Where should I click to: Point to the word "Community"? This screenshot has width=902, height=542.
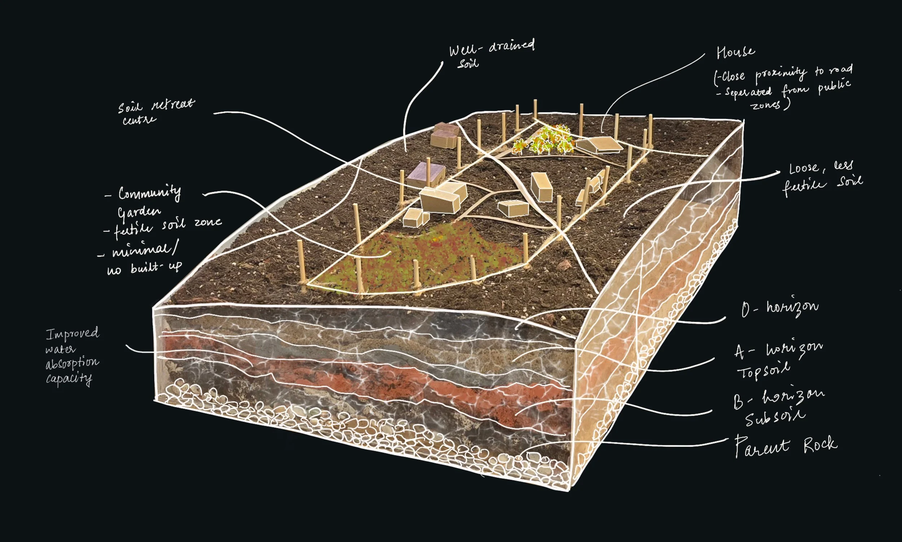(x=149, y=193)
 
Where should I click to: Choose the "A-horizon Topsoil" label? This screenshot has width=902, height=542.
(x=778, y=360)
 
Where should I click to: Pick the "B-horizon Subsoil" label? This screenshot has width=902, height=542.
(x=778, y=407)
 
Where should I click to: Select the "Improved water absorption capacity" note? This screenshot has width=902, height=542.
(x=72, y=355)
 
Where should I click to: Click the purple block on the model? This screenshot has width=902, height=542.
(x=426, y=175)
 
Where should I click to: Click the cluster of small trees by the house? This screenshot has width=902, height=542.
(x=544, y=141)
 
